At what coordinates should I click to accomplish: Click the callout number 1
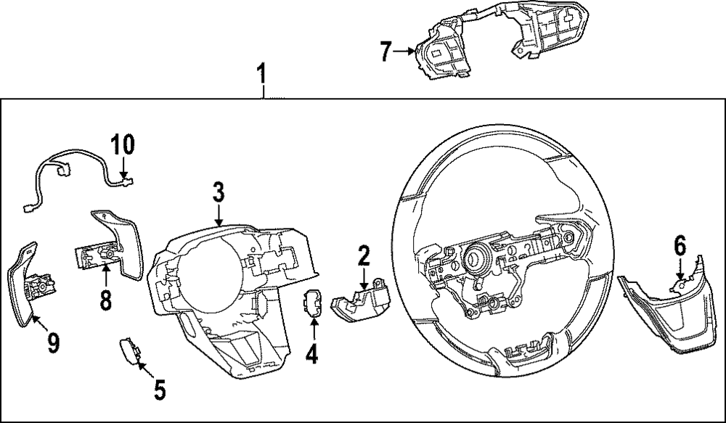pos(262,74)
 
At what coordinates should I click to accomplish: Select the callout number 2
pos(364,255)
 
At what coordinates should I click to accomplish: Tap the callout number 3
pos(219,193)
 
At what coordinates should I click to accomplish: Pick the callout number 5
pos(160,390)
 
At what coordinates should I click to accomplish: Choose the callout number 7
pos(386,51)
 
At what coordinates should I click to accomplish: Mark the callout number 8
pos(106,300)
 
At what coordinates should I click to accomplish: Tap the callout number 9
pos(52,342)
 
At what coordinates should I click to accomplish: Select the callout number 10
pos(123,144)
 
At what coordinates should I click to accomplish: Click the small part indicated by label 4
pos(314,303)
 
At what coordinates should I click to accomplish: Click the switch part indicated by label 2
pos(359,303)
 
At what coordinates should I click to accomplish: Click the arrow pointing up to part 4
pos(314,330)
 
